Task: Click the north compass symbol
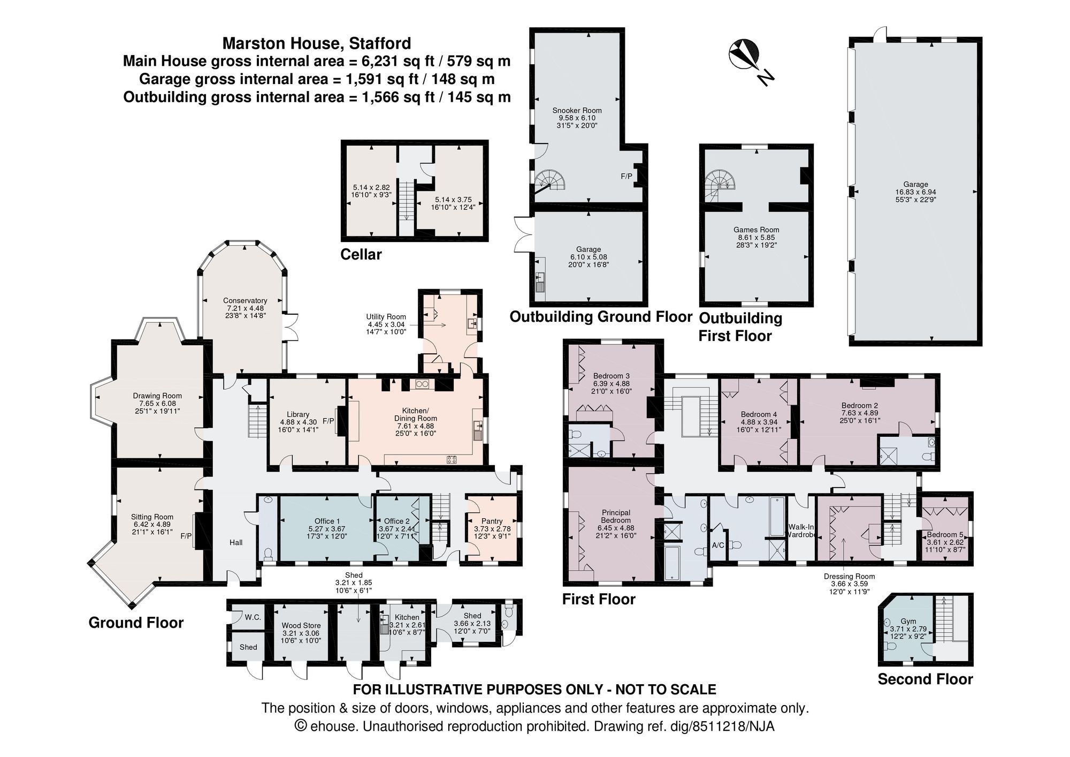[x=744, y=56]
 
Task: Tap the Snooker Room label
[x=577, y=110]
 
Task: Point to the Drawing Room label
[x=157, y=396]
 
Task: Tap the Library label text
[x=298, y=414]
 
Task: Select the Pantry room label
[x=492, y=521]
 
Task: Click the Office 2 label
[x=396, y=521]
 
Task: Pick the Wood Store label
[x=301, y=625]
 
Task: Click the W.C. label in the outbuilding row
[x=253, y=617]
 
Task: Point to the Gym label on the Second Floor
[x=908, y=622]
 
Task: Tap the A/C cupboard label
[x=718, y=546]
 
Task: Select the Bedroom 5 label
[x=945, y=534]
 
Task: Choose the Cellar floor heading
[x=361, y=254]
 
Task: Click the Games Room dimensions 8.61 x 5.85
[x=756, y=237]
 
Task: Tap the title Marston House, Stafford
[x=317, y=43]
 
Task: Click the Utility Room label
[x=386, y=317]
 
